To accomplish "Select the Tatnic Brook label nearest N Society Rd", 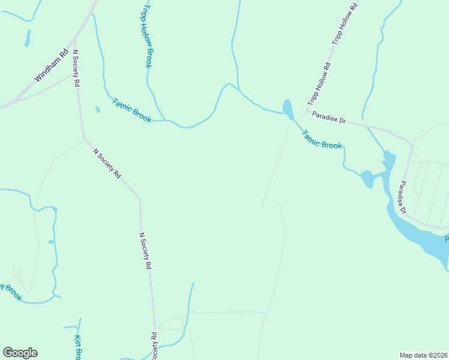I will tap(132, 110).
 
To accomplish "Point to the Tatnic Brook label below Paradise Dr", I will tap(322, 140).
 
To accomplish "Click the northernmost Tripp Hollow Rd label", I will tap(345, 25).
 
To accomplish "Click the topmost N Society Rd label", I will tap(76, 69).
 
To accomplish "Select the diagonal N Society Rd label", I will tap(107, 163).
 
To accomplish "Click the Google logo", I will tap(20, 353).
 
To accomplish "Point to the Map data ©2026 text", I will tap(423, 355).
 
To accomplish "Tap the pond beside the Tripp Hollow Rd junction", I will tap(288, 109).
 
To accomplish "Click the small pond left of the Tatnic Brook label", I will tap(97, 109).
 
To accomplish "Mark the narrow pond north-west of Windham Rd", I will tap(27, 38).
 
